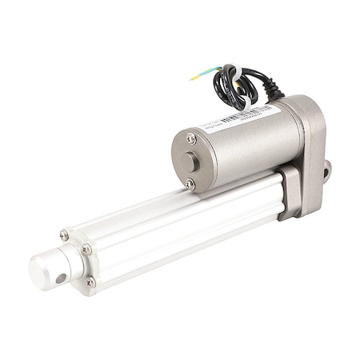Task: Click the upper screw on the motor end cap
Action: (191, 138)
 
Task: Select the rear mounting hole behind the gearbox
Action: (326, 170)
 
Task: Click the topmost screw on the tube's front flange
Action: (64, 234)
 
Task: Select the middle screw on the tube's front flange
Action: (87, 250)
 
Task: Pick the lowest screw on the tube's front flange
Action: (90, 282)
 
